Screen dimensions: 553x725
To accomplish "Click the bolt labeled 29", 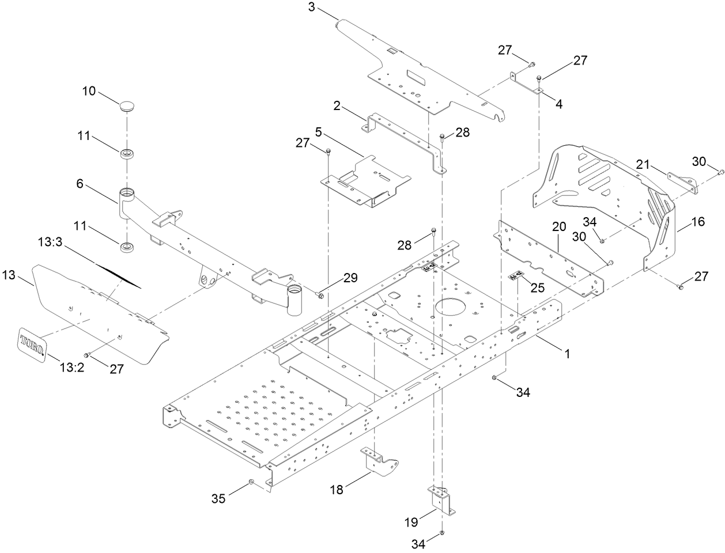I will coord(319,296).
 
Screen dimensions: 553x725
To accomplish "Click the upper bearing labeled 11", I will coord(126,154).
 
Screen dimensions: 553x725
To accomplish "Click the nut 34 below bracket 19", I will coord(441,533).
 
